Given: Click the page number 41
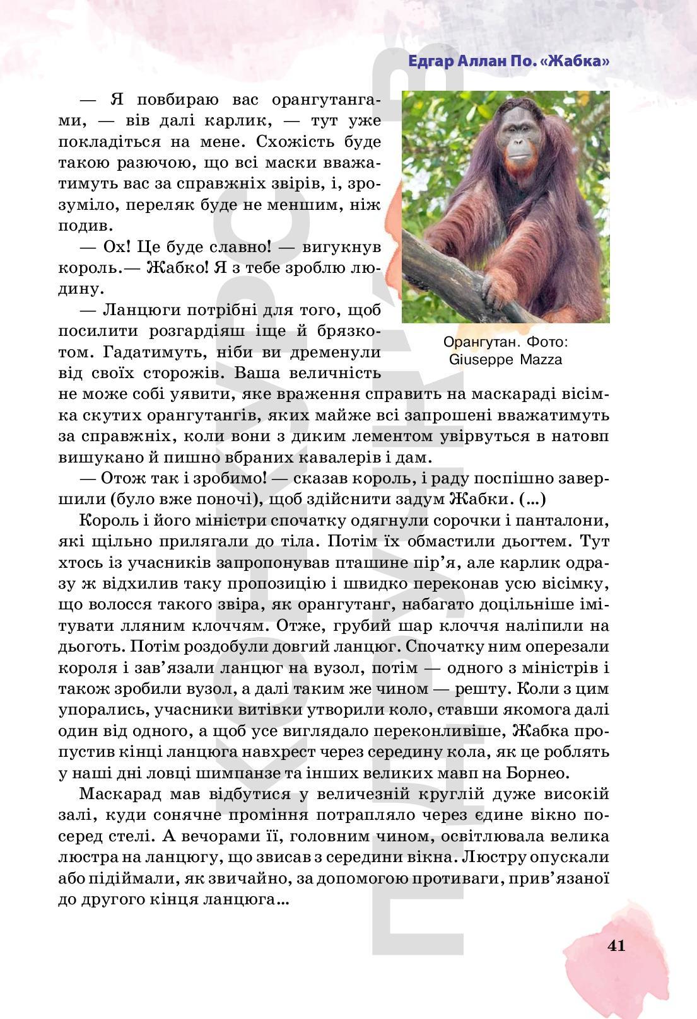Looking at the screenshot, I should click(x=616, y=945).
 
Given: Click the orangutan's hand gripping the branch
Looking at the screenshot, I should click(x=495, y=289).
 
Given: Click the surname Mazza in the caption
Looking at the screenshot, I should click(x=541, y=360).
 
